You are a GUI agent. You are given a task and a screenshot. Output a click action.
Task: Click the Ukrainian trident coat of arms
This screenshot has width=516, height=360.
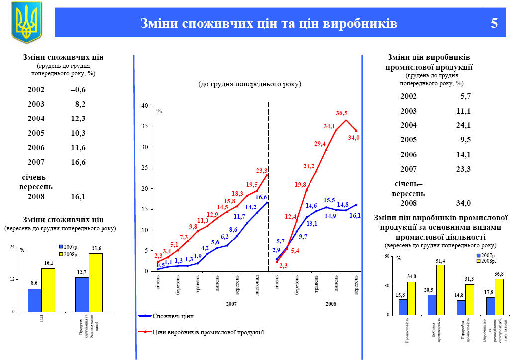coord(26,21)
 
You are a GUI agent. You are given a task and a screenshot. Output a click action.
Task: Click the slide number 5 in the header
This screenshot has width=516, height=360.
coord(494,23)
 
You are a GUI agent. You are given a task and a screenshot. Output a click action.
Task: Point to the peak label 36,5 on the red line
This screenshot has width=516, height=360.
coord(342,113)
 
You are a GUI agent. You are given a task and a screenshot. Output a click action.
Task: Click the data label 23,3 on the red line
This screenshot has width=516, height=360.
coord(262,170)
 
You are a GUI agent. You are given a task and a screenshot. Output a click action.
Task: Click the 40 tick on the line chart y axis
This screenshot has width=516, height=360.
coord(144,106)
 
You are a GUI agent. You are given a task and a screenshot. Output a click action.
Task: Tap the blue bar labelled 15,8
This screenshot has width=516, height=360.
coord(403,307)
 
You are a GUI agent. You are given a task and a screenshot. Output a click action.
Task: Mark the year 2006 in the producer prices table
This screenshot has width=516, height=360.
coord(409,154)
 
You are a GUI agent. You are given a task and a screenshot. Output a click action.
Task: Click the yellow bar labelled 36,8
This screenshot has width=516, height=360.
coord(499,297)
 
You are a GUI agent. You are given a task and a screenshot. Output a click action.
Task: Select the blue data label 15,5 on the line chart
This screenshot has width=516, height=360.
coord(329,200)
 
